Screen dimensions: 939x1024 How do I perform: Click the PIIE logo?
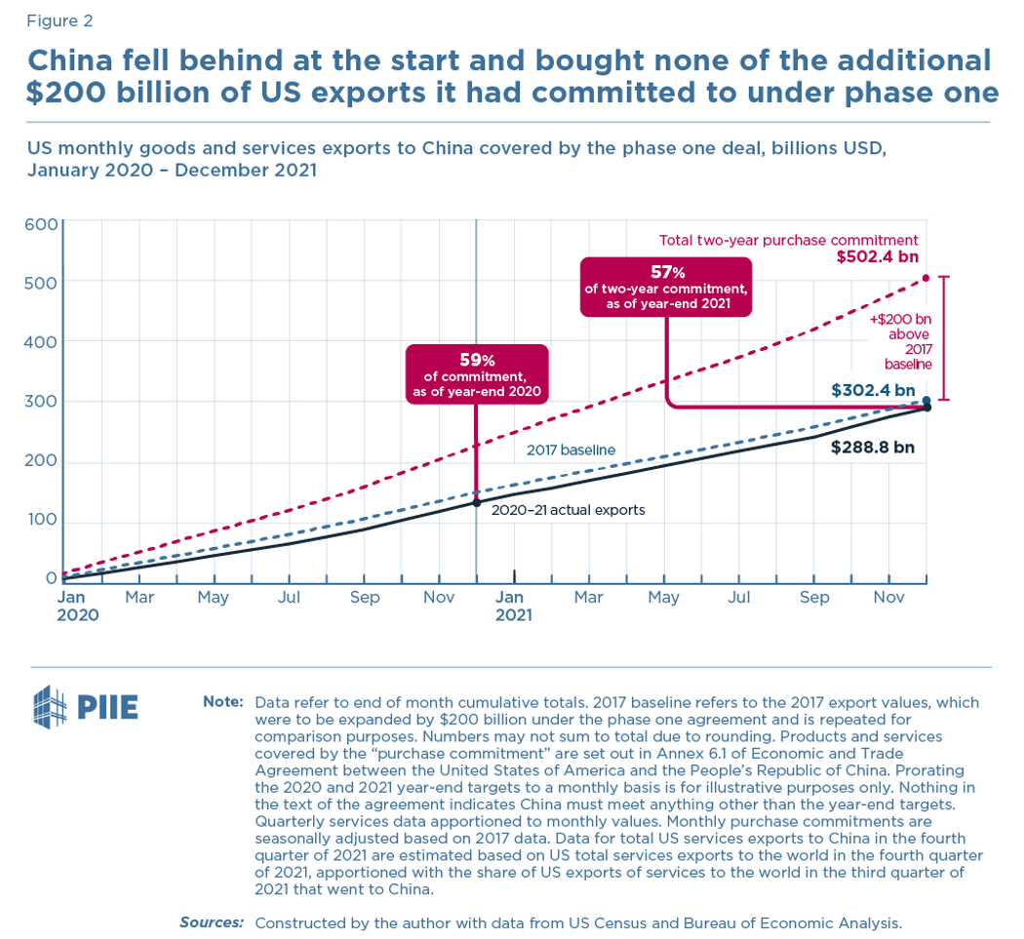point(85,707)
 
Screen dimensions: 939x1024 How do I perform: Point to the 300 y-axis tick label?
point(41,402)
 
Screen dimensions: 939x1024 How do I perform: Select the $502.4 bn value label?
point(877,257)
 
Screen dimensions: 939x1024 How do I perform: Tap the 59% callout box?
point(476,374)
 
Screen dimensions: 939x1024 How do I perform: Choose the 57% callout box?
point(665,287)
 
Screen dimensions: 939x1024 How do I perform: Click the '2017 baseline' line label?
point(571,450)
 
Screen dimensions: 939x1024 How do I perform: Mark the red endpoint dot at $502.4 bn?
point(926,279)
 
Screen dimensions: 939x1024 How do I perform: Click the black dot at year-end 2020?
point(476,502)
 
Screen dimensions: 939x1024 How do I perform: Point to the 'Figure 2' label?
point(60,20)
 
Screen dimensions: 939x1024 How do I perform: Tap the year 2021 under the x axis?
point(514,615)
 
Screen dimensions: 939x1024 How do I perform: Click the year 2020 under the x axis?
point(77,615)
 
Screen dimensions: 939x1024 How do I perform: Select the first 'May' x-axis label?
point(214,596)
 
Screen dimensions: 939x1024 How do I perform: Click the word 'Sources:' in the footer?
point(211,921)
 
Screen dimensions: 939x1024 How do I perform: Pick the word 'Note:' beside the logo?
point(224,702)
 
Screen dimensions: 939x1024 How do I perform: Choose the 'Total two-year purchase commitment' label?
point(789,240)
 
